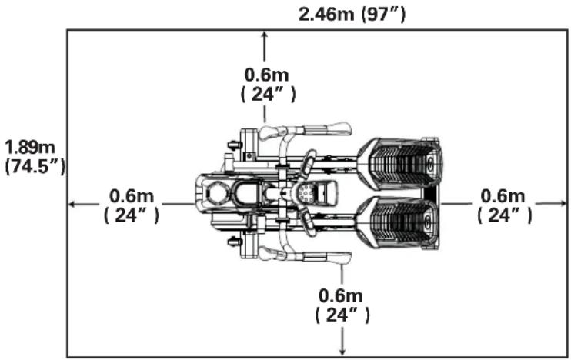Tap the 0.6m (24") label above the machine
click(268, 84)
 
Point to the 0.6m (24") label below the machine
click(342, 305)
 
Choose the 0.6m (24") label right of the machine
click(504, 205)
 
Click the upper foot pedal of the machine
click(400, 164)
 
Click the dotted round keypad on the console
click(308, 193)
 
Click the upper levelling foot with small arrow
click(231, 144)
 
